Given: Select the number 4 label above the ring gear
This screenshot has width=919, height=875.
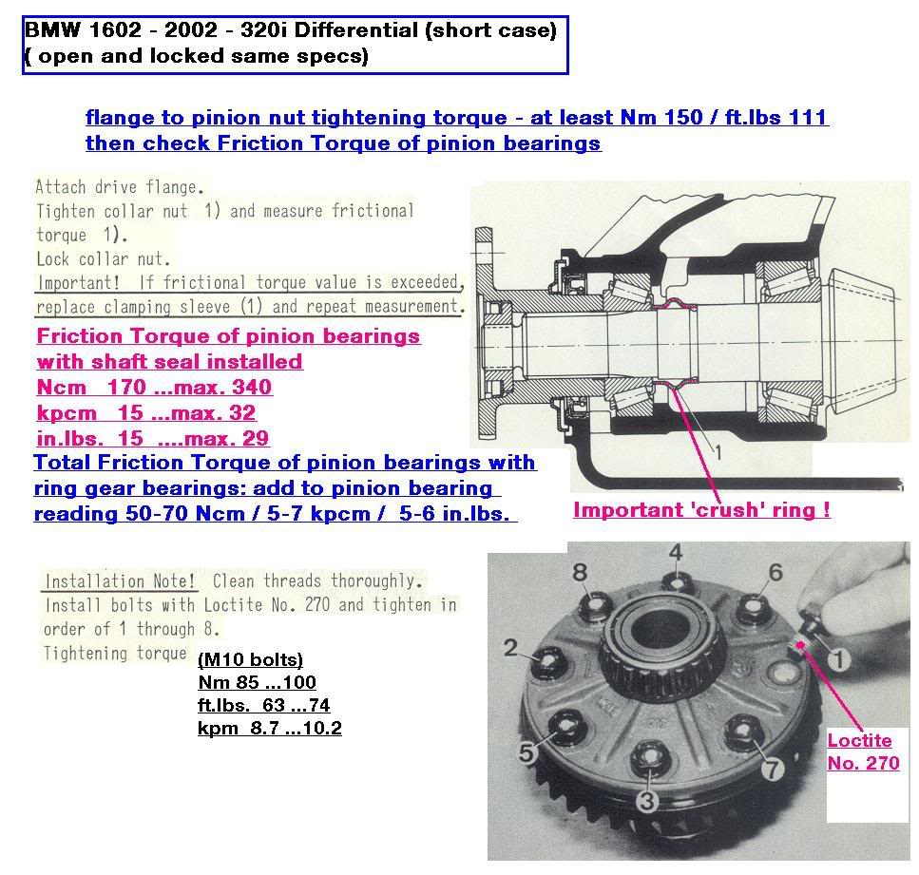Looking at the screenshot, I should point(675,552).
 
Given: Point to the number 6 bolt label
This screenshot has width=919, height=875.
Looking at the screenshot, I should point(775,571).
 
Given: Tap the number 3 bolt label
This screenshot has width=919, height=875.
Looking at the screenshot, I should point(647,801).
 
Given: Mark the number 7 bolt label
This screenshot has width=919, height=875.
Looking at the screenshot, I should point(774,768).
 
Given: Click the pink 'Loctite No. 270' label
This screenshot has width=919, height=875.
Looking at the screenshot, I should point(862,751).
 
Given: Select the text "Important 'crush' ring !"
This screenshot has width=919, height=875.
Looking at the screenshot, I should point(701,510).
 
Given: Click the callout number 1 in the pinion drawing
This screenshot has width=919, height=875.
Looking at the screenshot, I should point(718,453).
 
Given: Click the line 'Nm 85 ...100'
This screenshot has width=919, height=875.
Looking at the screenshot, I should point(257,682).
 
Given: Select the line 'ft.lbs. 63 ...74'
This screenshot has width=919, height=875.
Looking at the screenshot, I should point(263,705).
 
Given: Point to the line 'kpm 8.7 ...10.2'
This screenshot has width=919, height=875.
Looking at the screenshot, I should point(269,728).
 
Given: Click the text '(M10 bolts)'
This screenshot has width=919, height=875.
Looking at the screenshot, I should point(250,660).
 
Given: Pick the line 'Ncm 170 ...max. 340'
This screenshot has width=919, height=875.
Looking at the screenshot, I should point(154,387).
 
